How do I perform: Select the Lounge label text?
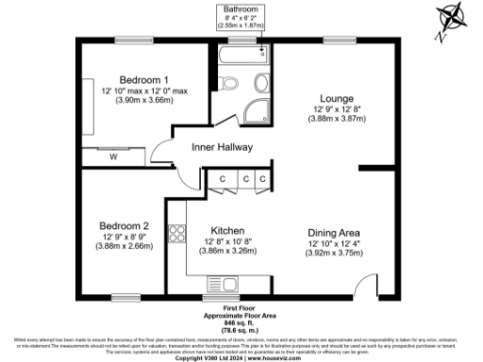click(x=337, y=96)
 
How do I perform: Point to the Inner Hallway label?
click(x=220, y=147)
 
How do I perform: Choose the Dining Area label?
click(x=335, y=231)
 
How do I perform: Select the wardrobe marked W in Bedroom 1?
click(x=113, y=156)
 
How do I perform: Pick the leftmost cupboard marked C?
click(x=222, y=178)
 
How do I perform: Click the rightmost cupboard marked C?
click(x=263, y=178)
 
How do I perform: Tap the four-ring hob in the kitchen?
click(x=175, y=232)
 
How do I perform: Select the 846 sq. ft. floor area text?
click(x=241, y=323)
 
